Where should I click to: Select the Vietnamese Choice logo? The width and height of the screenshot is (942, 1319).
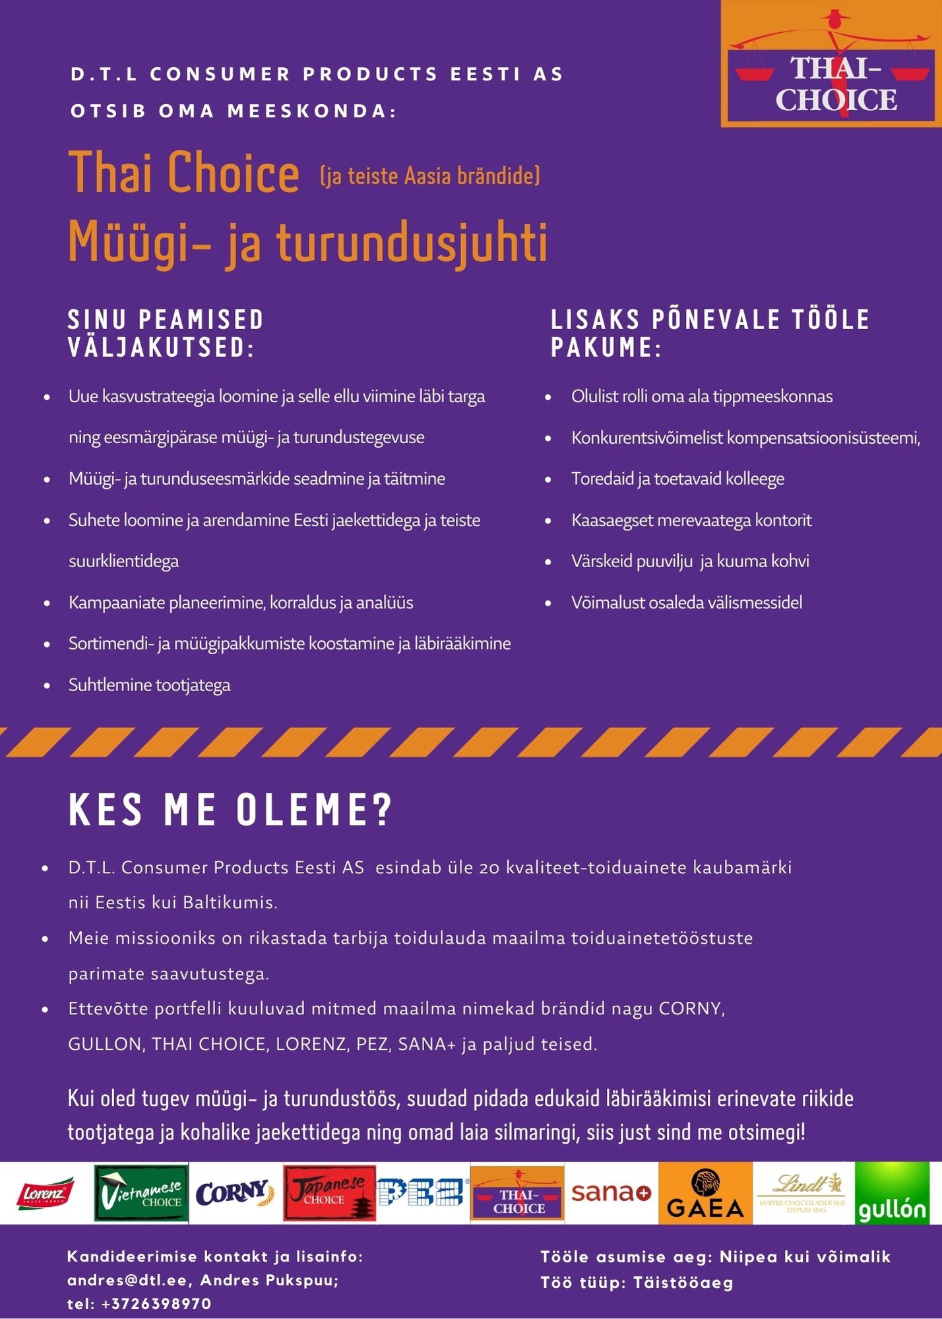(x=141, y=1193)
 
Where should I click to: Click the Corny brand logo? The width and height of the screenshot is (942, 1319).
(x=235, y=1193)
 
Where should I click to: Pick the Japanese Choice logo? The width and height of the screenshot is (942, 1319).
(x=330, y=1193)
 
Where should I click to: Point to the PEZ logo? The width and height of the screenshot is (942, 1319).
(x=422, y=1193)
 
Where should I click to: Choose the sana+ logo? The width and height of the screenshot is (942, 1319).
(x=611, y=1193)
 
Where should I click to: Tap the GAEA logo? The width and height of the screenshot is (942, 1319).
(x=705, y=1193)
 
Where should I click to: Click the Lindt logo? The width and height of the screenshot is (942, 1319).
(x=803, y=1193)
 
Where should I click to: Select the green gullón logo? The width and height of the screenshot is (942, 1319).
(x=892, y=1193)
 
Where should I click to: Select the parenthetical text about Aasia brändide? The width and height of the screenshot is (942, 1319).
(x=430, y=176)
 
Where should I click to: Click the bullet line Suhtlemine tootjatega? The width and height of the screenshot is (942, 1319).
(x=149, y=685)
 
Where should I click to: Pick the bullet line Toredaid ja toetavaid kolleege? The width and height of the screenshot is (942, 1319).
(x=677, y=479)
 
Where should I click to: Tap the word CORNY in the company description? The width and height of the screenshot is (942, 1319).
(x=691, y=1009)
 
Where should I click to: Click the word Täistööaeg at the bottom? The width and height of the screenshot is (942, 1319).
(x=683, y=1283)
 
